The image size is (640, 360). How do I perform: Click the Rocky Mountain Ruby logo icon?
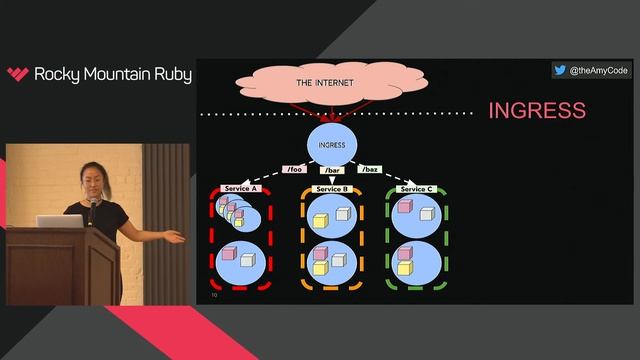pyautogui.click(x=18, y=74)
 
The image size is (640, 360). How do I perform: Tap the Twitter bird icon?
pyautogui.click(x=560, y=71)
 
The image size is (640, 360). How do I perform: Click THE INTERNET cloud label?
pyautogui.click(x=325, y=82)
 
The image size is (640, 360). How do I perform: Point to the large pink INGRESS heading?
pyautogui.click(x=536, y=110)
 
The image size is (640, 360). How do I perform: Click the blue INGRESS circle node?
pyautogui.click(x=331, y=144)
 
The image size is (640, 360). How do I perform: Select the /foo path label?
pyautogui.click(x=294, y=169)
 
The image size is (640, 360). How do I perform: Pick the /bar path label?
pyautogui.click(x=332, y=169)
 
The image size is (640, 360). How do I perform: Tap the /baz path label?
pyautogui.click(x=368, y=169)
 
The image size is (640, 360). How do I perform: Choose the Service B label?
pyautogui.click(x=331, y=188)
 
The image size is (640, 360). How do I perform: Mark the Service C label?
pyautogui.click(x=416, y=188)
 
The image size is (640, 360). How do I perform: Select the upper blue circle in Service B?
pyautogui.click(x=332, y=217)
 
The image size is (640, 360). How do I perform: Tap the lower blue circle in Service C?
pyautogui.click(x=415, y=261)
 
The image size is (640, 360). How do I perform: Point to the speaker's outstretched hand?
pyautogui.click(x=176, y=237)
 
